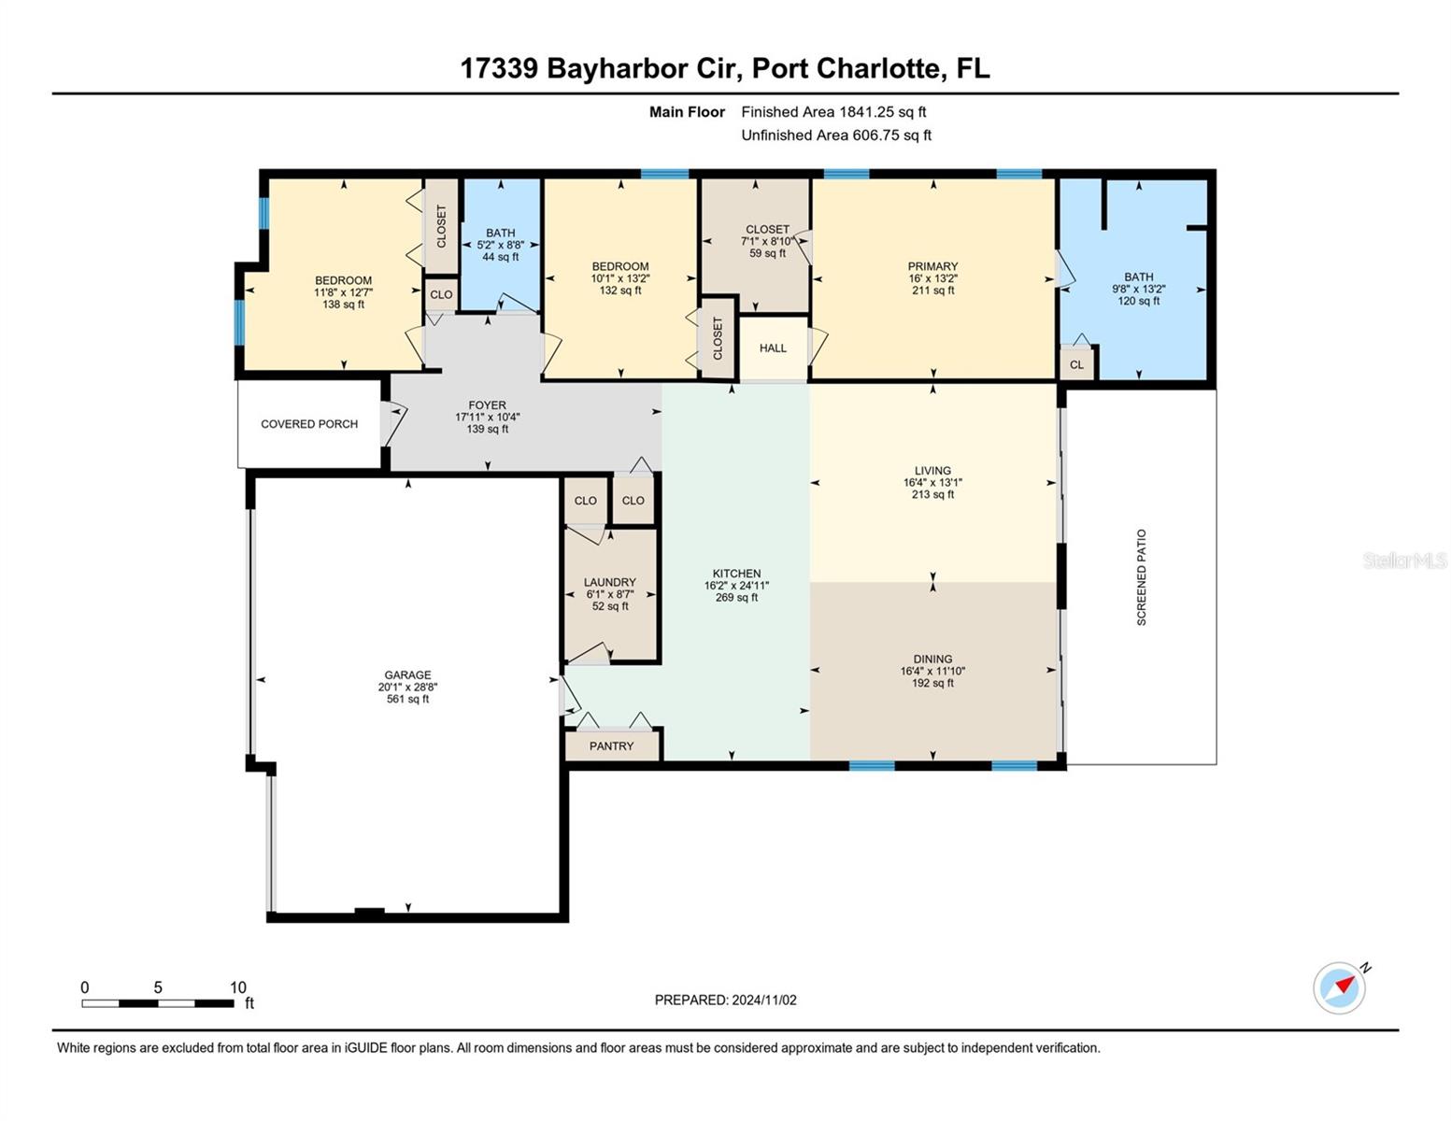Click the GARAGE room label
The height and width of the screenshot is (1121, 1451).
(407, 674)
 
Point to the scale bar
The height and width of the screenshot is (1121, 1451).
(158, 1002)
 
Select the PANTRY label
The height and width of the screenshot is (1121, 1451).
(611, 745)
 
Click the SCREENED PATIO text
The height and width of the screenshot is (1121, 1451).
(1141, 577)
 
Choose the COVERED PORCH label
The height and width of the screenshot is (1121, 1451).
(309, 424)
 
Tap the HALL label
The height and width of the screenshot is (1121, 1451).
(773, 348)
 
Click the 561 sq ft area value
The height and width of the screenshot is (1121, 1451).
(407, 699)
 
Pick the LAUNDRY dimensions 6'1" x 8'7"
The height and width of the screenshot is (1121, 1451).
(610, 594)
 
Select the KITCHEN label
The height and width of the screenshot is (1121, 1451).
(736, 573)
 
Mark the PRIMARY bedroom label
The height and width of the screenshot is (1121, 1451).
(932, 265)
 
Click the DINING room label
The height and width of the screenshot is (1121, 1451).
(932, 659)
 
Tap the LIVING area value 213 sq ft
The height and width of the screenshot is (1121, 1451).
(932, 494)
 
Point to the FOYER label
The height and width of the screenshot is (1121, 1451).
(488, 404)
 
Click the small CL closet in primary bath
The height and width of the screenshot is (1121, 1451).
(1076, 364)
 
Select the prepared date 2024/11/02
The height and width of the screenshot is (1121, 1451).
(764, 1000)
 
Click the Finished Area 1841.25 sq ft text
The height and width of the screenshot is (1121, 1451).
(833, 112)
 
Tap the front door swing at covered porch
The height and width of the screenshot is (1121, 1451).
(393, 422)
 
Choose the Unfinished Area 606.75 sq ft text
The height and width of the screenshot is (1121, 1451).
(836, 135)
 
